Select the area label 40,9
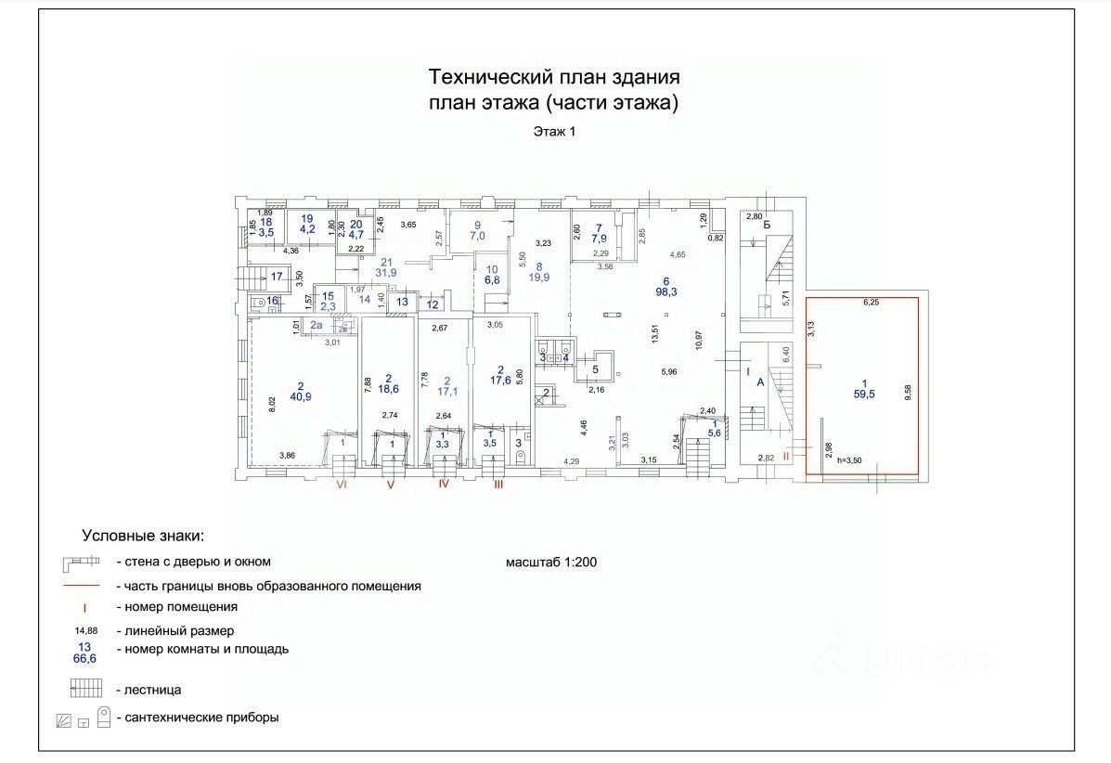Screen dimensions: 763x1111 pos(301,397)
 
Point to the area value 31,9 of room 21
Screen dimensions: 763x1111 pos(387,272)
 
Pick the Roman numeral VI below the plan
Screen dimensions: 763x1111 pos(342,485)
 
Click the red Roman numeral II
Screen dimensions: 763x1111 pos(786,456)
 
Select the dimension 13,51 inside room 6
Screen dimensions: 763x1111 pos(656,332)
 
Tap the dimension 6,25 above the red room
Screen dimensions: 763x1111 pos(872,303)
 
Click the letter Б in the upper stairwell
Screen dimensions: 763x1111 pos(768,226)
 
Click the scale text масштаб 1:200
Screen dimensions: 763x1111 pos(553,563)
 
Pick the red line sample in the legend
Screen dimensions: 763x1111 pos(81,586)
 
